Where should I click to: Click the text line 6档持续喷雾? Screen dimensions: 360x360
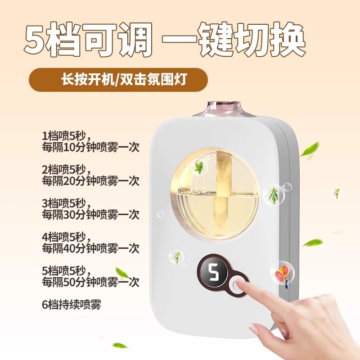coord(71,304)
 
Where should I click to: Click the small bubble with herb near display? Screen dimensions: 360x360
coord(176,257)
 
